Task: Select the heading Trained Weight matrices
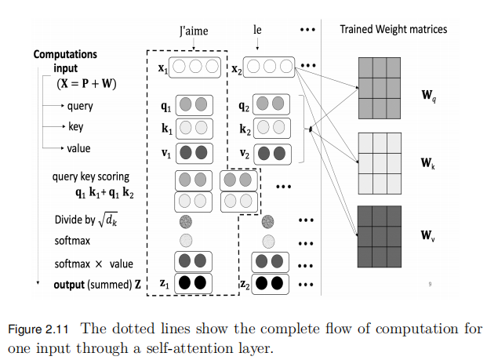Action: pos(393,29)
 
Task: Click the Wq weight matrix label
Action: pos(429,97)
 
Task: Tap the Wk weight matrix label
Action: pos(427,164)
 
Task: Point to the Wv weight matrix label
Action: pos(428,235)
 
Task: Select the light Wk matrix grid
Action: pos(380,163)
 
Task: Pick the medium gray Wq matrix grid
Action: pos(380,87)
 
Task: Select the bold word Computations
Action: pos(65,55)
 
